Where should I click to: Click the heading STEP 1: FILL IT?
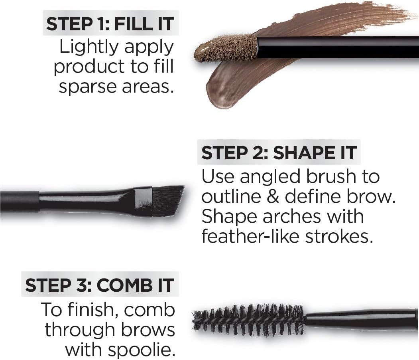pos(110,24)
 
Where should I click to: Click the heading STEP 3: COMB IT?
pos(100,286)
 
